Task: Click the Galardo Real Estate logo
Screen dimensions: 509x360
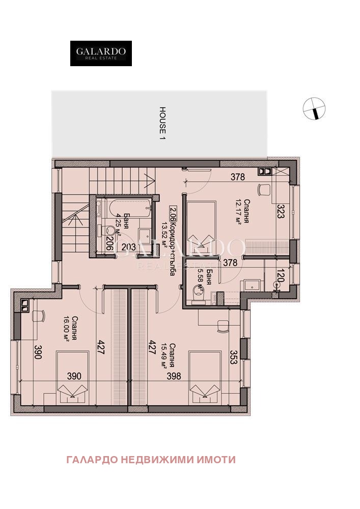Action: (101, 53)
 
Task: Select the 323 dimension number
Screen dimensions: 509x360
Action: (280, 211)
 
